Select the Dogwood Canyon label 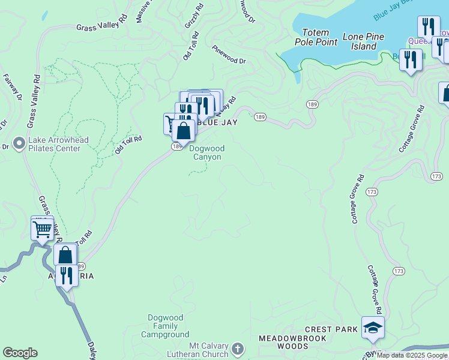[x=206, y=153]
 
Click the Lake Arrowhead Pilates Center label [x=59, y=144]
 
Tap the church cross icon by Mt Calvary [x=238, y=348]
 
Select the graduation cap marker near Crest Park [x=373, y=328]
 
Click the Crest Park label [x=331, y=329]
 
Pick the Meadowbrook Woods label [x=292, y=342]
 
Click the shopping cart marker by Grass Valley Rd [x=42, y=229]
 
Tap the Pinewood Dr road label [x=229, y=56]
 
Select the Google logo [x=20, y=353]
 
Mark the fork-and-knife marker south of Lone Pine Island [x=411, y=60]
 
